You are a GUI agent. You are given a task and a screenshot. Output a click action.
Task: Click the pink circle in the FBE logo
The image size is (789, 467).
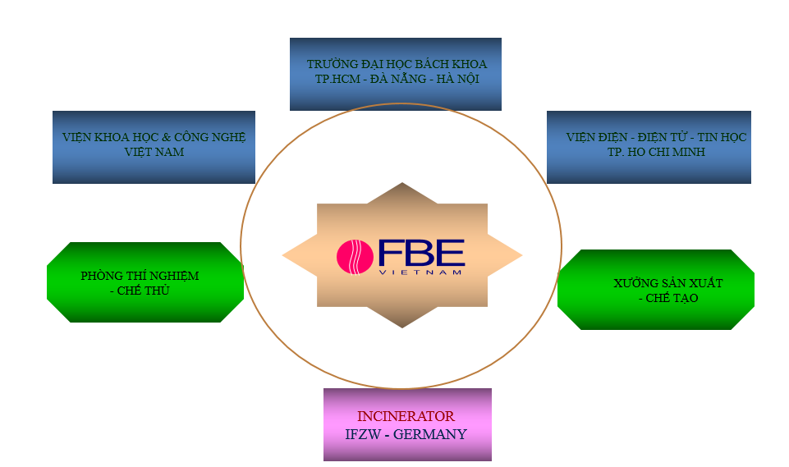pyautogui.click(x=356, y=255)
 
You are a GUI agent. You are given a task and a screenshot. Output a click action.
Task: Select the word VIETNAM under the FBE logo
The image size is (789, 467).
pyautogui.click(x=421, y=272)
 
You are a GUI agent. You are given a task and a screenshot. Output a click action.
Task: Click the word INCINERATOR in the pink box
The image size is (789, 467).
pyautogui.click(x=406, y=417)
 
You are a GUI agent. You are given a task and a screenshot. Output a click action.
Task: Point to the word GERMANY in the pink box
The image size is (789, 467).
pyautogui.click(x=430, y=434)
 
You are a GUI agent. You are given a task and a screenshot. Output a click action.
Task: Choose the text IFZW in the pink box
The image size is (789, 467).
pyautogui.click(x=365, y=434)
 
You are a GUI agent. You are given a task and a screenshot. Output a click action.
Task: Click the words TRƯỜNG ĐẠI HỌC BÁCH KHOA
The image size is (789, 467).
pyautogui.click(x=397, y=64)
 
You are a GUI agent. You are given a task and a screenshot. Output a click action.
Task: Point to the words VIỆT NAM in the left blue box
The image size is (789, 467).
pyautogui.click(x=154, y=152)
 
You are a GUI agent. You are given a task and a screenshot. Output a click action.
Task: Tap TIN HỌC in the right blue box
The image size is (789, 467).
pyautogui.click(x=723, y=137)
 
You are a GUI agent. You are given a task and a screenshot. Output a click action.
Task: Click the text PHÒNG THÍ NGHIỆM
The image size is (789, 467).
pyautogui.click(x=140, y=276)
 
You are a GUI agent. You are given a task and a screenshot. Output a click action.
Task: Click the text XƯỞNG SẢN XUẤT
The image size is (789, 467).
pyautogui.click(x=667, y=283)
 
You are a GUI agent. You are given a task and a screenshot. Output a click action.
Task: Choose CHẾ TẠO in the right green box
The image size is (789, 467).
pyautogui.click(x=672, y=298)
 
